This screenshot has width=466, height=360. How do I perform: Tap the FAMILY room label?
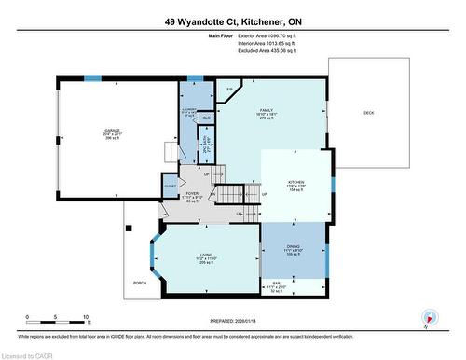265,110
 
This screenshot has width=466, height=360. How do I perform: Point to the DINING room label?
293,245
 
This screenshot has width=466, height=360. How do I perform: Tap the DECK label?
369,113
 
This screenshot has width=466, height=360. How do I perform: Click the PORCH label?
140,283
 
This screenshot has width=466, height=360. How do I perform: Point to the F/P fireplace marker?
230,89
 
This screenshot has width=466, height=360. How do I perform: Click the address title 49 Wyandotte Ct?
233,21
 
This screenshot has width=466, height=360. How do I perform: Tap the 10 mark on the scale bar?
86,318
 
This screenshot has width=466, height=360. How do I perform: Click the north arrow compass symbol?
426,321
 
